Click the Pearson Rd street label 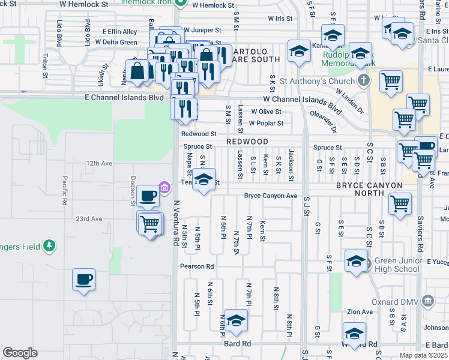click(197, 266)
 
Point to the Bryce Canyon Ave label click(271, 196)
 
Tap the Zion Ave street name click(360, 312)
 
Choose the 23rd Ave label click(89, 219)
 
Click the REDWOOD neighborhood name click(247, 141)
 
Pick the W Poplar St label click(265, 124)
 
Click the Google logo click(20, 353)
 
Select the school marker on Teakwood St click(204, 181)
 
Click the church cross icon click(363, 80)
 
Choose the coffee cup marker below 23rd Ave click(84, 280)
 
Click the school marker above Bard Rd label click(236, 322)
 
